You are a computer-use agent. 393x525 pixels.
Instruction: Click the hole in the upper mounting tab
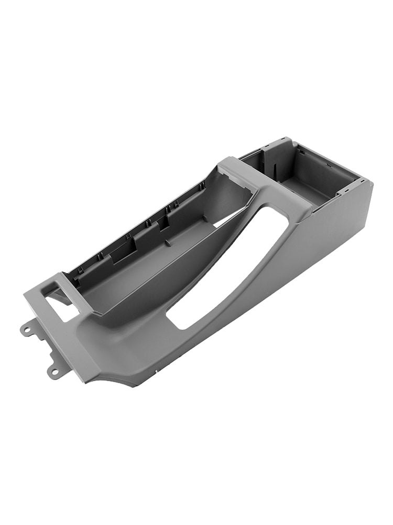(25, 330)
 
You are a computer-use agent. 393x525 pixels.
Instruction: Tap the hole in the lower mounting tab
(54, 372)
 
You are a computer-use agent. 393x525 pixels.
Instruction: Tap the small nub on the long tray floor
(167, 243)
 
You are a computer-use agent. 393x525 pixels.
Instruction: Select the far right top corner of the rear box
(367, 182)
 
